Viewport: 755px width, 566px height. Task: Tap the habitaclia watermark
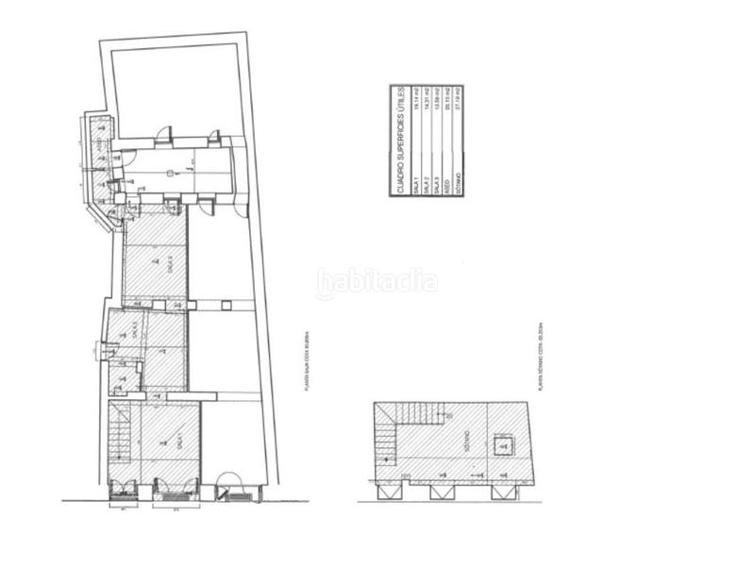coord(377,281)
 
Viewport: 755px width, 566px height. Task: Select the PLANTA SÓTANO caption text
coord(535,354)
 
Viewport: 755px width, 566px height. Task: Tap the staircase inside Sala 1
coord(120,439)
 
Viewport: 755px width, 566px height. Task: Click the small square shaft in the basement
coord(501,445)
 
